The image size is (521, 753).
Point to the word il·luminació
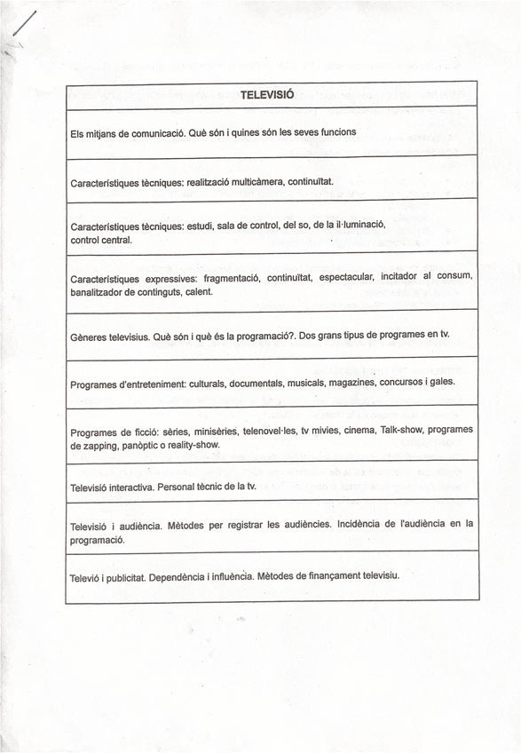tap(357, 226)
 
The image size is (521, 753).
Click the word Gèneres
tap(91, 337)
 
